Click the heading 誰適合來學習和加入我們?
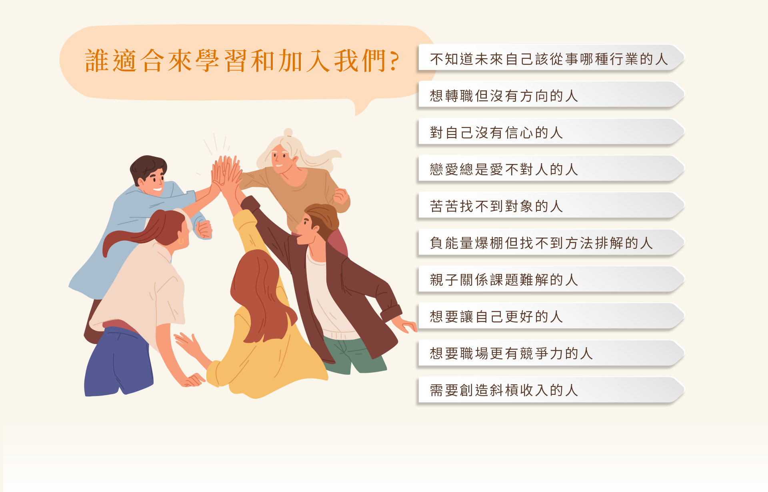pos(242,61)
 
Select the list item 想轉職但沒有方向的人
pos(504,96)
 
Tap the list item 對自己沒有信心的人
pos(496,133)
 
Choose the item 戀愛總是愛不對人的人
pos(504,170)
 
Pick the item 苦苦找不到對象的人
pos(496,206)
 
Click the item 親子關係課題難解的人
pos(504,280)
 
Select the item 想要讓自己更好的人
pos(496,317)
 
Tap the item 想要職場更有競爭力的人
pos(511,354)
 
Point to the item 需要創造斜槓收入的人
pos(504,390)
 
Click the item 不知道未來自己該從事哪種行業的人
pos(549,59)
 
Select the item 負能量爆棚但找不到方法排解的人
pos(541,243)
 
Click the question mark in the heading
pos(394,61)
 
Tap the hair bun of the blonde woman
pos(288,132)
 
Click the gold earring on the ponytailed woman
pos(181,241)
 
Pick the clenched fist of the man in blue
pos(204,230)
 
